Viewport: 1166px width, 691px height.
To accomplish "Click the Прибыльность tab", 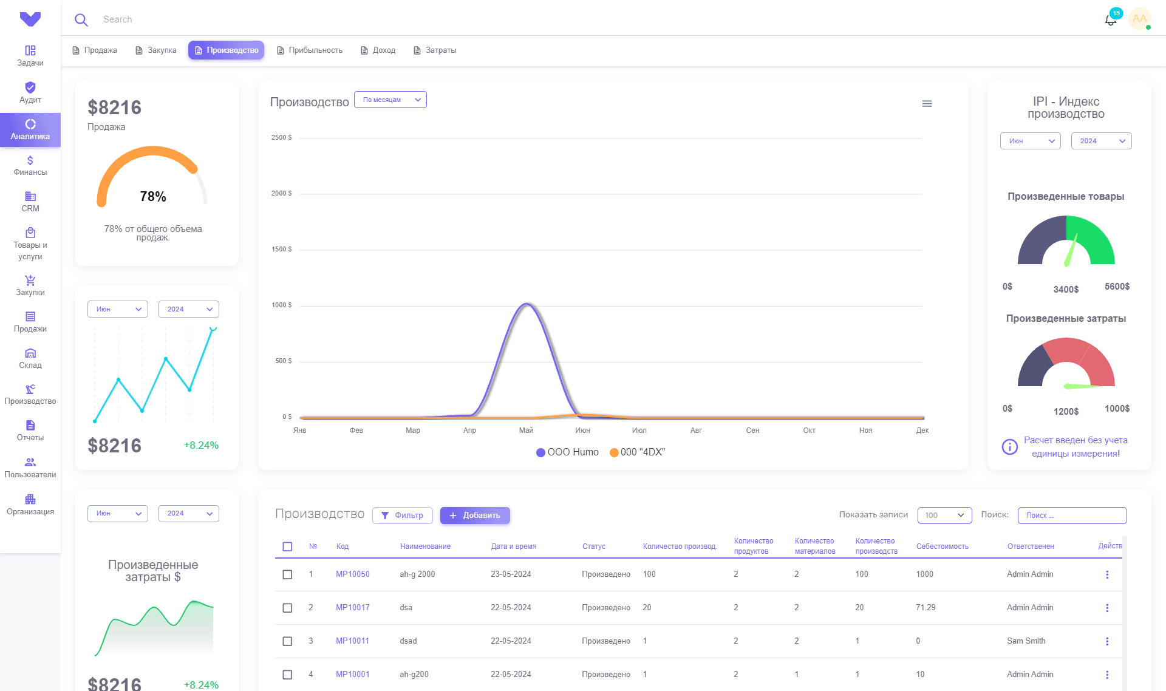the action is coord(310,50).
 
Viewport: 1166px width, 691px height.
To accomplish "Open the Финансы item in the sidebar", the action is coord(30,166).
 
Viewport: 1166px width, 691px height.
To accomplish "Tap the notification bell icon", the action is coord(1111,19).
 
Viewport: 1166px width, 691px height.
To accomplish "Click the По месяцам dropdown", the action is coord(390,100).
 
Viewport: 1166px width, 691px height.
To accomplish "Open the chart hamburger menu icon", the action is coord(927,104).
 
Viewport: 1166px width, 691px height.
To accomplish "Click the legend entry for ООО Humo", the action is coord(567,452).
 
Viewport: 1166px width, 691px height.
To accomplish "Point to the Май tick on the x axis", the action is coord(526,431).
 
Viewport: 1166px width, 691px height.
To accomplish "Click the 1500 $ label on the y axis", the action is coord(281,250).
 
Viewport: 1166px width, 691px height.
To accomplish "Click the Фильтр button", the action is coord(403,516).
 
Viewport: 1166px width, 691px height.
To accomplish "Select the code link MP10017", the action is coord(353,608).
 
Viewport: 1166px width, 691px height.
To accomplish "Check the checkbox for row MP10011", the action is coord(287,641).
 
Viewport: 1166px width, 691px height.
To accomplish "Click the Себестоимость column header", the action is coord(943,546).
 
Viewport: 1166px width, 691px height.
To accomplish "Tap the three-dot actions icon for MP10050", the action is coord(1107,574).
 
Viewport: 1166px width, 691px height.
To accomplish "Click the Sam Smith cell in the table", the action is coord(1026,641).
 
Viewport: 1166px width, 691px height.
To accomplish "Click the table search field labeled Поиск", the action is coord(1072,516).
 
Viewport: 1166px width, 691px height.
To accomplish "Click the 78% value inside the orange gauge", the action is coord(153,197).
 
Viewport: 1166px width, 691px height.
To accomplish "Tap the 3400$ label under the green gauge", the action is coord(1066,290).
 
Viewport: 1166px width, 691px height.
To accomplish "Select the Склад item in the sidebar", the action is coord(30,359).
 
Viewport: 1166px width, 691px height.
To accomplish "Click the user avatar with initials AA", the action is coord(1140,19).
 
